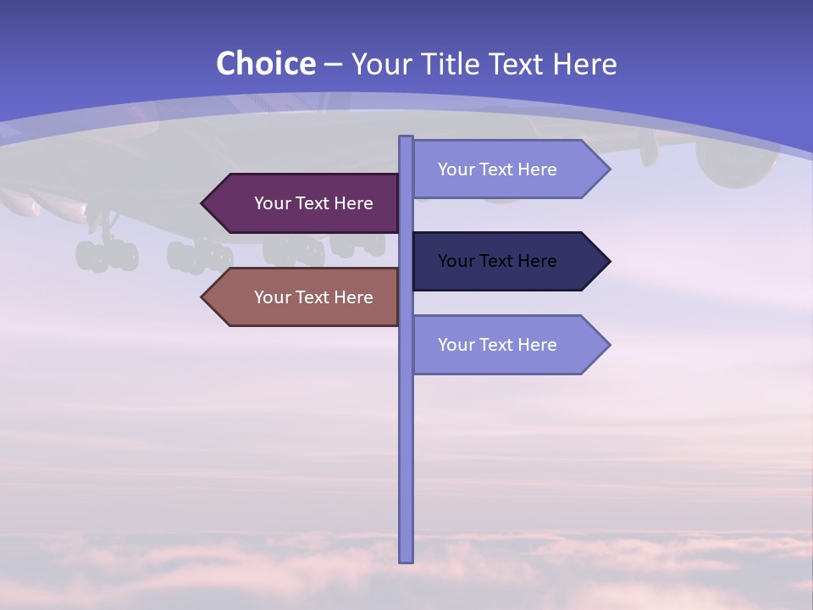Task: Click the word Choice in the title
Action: pyautogui.click(x=265, y=64)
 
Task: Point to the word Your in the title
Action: pyautogui.click(x=379, y=64)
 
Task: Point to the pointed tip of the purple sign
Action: pyautogui.click(x=204, y=203)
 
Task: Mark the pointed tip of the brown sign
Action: pyautogui.click(x=204, y=297)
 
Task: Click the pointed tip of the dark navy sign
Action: pyautogui.click(x=607, y=261)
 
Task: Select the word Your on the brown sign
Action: pyautogui.click(x=272, y=297)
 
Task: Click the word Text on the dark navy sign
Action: pyautogui.click(x=496, y=261)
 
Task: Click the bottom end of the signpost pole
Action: pyautogui.click(x=406, y=559)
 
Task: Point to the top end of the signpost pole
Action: pyautogui.click(x=406, y=138)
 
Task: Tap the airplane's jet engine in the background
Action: pyautogui.click(x=735, y=161)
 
